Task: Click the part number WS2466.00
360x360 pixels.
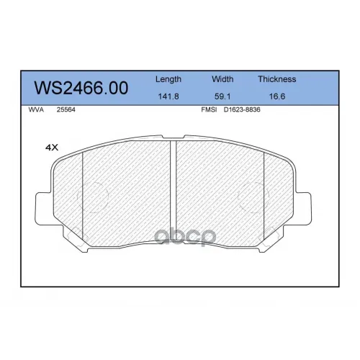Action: pos(81,88)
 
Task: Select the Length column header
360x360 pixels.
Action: pos(168,79)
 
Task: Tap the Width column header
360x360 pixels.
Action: pos(222,79)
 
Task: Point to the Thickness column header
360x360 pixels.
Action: pos(277,79)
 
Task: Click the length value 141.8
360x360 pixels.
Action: pos(168,96)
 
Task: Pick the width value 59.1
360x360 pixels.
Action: pos(222,96)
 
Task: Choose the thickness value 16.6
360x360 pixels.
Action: pos(277,96)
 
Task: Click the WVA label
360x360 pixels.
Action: pos(36,109)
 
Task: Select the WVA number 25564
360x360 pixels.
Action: pos(66,109)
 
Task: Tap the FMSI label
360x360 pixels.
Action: pos(209,109)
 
